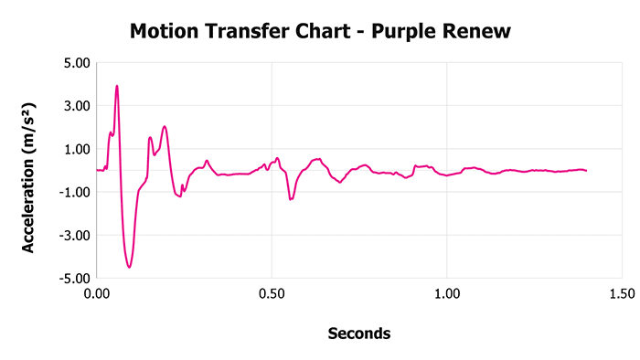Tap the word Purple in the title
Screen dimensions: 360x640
(x=413, y=33)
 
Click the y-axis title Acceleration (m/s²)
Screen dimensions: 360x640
(x=28, y=171)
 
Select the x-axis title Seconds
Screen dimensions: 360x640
(x=359, y=334)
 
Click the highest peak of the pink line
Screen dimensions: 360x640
(x=117, y=86)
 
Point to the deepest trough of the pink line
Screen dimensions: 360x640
(x=130, y=267)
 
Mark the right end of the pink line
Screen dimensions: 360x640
(x=585, y=171)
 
